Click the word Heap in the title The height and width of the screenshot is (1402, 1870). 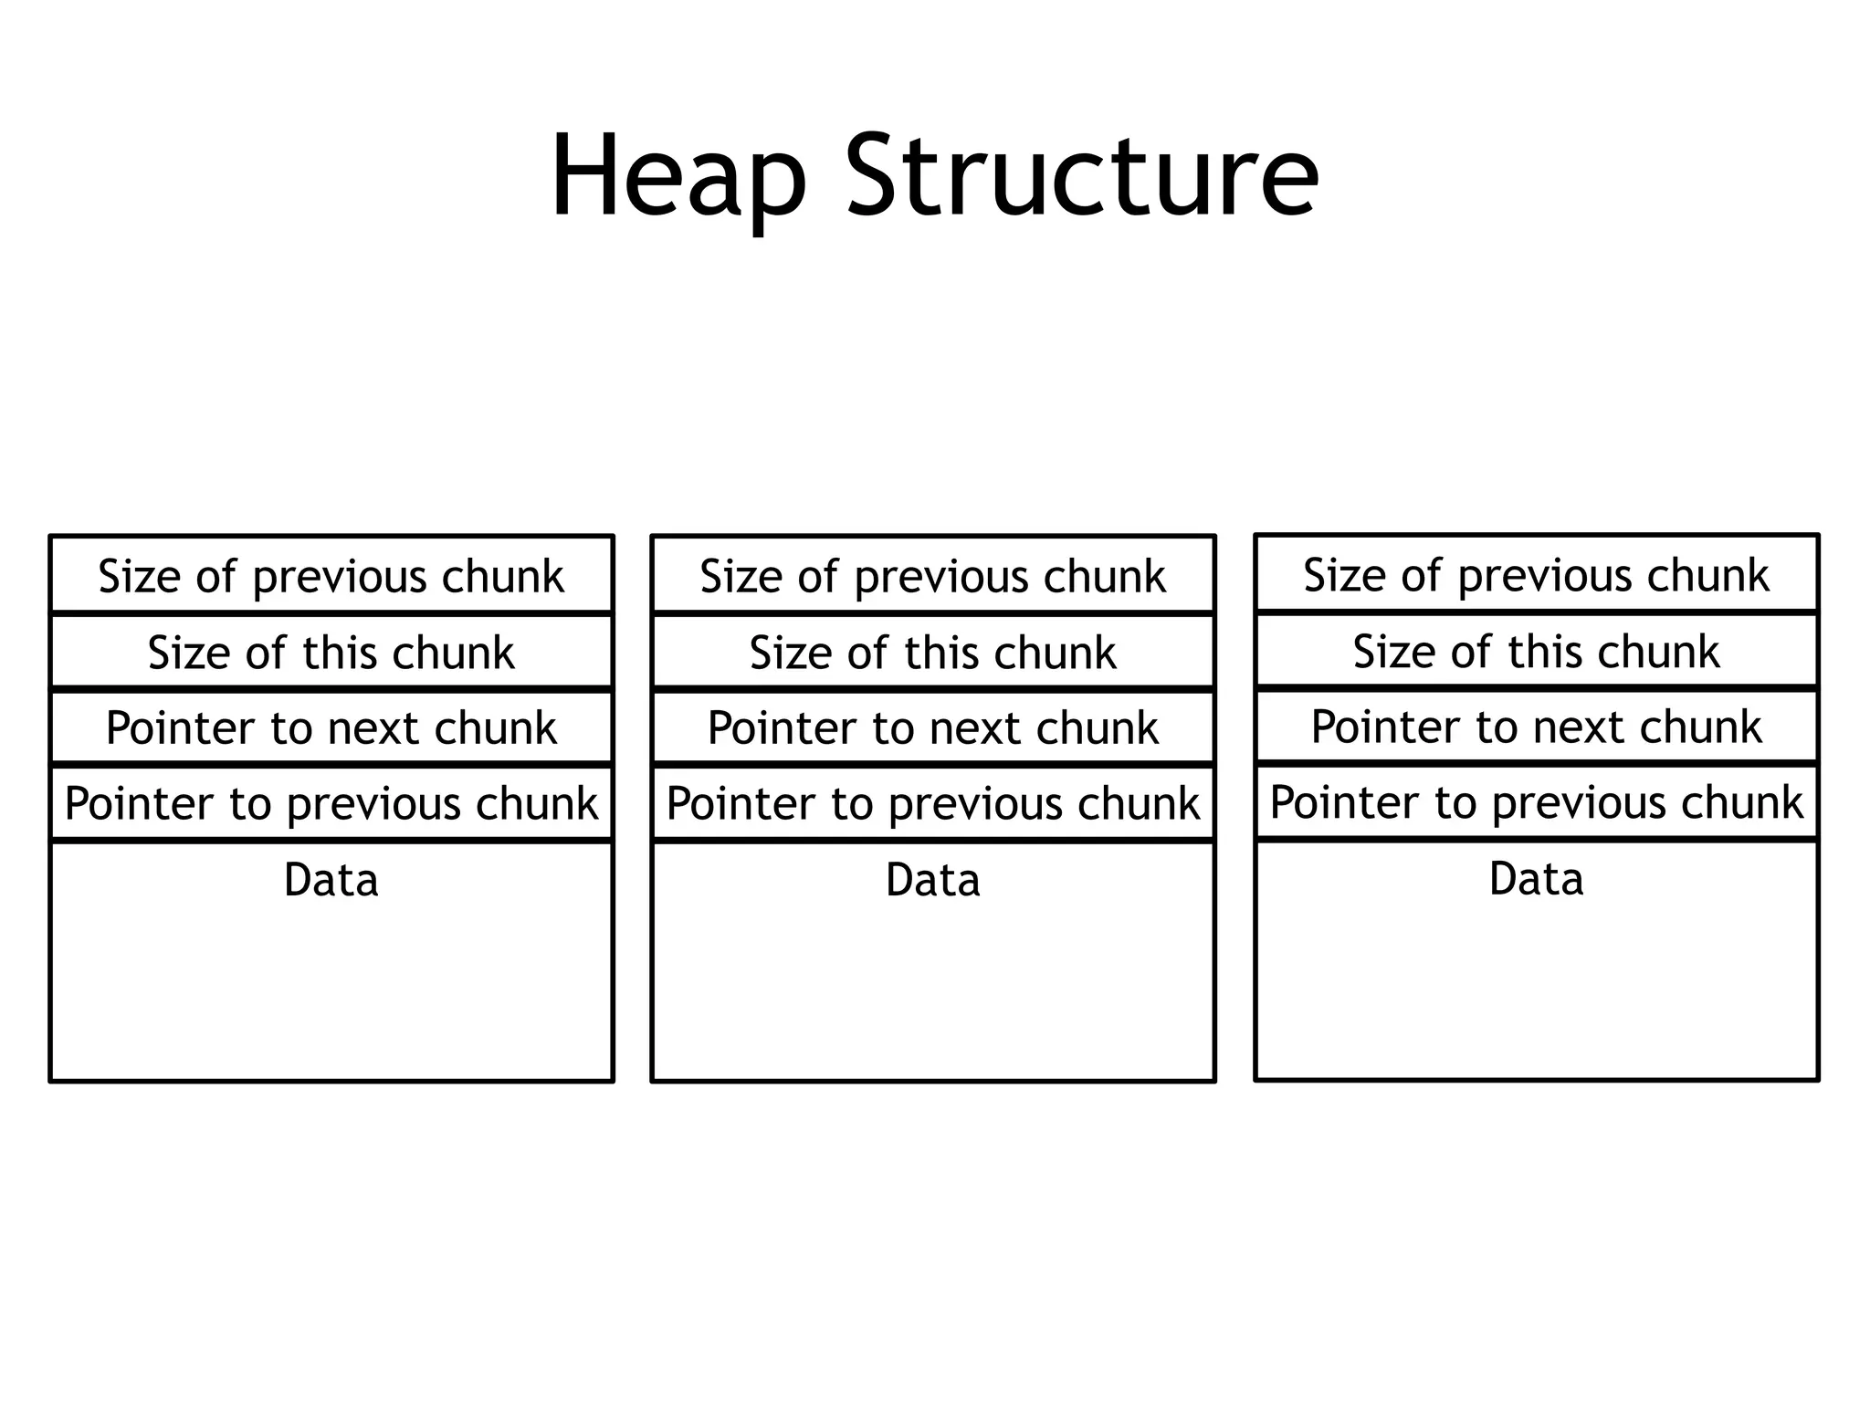pos(678,175)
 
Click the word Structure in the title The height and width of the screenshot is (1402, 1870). pos(1081,175)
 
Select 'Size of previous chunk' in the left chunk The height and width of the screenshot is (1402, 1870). pos(331,576)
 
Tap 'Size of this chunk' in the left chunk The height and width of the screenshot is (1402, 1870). pos(331,653)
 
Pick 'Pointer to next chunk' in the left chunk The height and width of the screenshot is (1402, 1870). pos(331,727)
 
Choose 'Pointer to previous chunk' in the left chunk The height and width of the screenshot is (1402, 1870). pos(331,803)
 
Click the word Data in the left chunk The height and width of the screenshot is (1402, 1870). pos(331,880)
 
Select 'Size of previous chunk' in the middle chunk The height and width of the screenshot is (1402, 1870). pos(932,576)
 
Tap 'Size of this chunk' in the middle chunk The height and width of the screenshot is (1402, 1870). pos(932,653)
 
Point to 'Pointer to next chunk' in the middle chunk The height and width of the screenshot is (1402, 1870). pos(932,727)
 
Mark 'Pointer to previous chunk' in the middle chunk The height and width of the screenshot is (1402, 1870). pos(932,803)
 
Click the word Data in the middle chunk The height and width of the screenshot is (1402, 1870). pos(932,880)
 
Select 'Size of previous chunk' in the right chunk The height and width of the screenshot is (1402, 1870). pos(1536,575)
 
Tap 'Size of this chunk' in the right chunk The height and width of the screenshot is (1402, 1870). pos(1536,652)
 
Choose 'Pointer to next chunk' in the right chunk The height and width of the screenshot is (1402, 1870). pos(1536,727)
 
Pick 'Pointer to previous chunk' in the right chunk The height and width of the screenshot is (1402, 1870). pos(1536,802)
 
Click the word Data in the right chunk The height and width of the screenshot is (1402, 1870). pos(1536,879)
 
